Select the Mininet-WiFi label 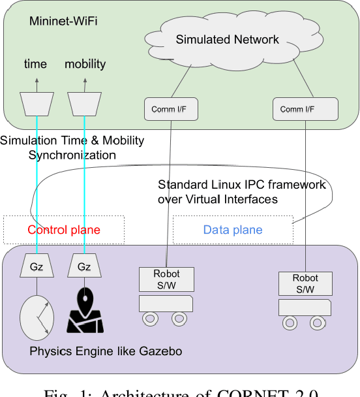coord(64,21)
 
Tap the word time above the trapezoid coord(35,64)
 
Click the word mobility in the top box coord(85,64)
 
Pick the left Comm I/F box coord(172,109)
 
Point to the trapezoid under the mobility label coord(85,102)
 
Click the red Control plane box coord(64,230)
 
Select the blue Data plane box coord(233,230)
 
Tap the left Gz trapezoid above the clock coord(37,267)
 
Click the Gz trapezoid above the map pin coord(85,267)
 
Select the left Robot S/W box coord(166,279)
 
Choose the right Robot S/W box coord(305,283)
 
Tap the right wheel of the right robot coord(318,323)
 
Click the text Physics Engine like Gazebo coord(106,352)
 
